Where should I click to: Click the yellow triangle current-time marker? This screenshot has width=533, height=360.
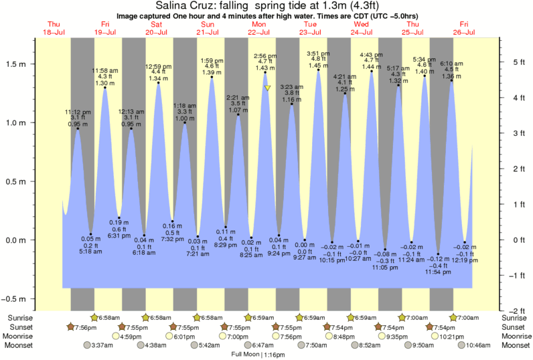coord(267,88)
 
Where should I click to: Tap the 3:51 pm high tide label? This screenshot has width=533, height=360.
coord(318,54)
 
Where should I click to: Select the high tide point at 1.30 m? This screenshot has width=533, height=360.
coord(105,88)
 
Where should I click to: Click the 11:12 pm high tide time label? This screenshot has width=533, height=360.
coord(78,112)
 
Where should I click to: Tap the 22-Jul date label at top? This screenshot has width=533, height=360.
coord(259,32)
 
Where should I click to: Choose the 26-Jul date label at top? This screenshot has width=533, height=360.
coord(465,32)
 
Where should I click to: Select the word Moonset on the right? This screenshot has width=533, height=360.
coord(515,345)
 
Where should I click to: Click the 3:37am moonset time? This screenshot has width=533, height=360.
coord(98,345)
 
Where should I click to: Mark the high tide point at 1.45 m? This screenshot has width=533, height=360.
coord(318,70)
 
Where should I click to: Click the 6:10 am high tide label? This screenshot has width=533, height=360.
coord(451,64)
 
